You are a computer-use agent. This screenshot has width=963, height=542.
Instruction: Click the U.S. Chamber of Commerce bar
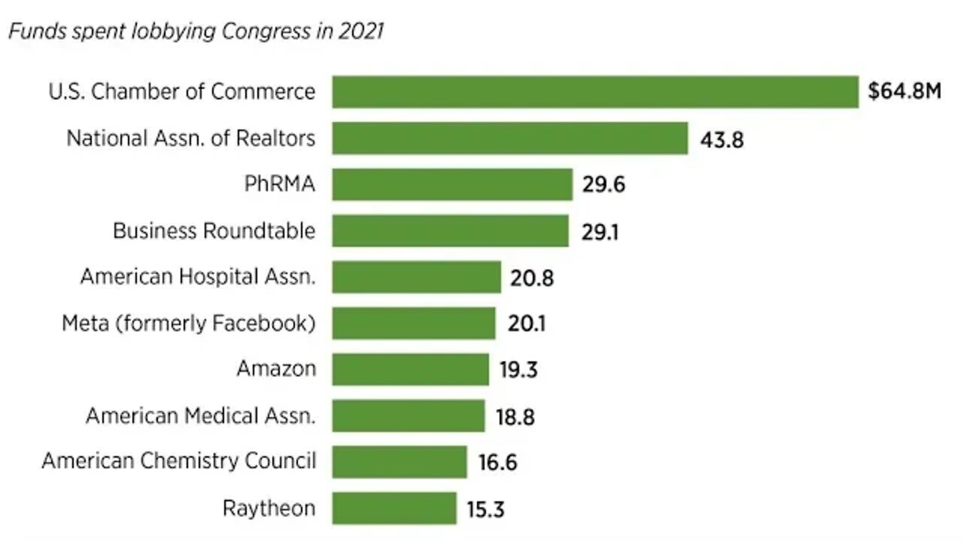pos(595,92)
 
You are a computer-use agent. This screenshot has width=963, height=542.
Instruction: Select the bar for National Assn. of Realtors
pos(510,139)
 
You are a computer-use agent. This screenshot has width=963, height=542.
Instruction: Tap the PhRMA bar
pos(452,184)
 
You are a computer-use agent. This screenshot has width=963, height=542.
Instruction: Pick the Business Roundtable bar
pos(451,231)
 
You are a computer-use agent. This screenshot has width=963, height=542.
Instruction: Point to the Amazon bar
pos(411,370)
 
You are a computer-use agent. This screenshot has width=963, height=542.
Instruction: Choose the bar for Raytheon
pos(394,508)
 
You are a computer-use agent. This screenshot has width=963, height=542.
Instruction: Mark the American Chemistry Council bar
pos(399,461)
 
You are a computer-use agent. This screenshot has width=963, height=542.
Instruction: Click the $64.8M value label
pos(904,92)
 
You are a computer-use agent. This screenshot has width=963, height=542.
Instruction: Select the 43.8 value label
pos(721,139)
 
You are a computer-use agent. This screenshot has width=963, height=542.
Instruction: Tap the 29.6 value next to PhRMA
pos(603,185)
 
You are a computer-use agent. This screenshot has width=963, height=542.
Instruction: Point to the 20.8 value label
pos(531,278)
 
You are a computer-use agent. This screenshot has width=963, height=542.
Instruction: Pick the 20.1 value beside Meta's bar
pos(526,324)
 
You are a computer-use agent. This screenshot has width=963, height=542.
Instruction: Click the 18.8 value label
pos(515,416)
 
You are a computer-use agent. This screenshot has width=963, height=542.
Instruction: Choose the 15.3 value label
pos(485,509)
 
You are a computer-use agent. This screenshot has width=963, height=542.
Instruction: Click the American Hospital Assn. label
pos(198,277)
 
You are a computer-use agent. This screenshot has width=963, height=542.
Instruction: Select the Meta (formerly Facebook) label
pos(188,324)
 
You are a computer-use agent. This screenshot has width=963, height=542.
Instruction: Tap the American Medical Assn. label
pos(200,416)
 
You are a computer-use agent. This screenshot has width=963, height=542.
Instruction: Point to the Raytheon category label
pos(269,508)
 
